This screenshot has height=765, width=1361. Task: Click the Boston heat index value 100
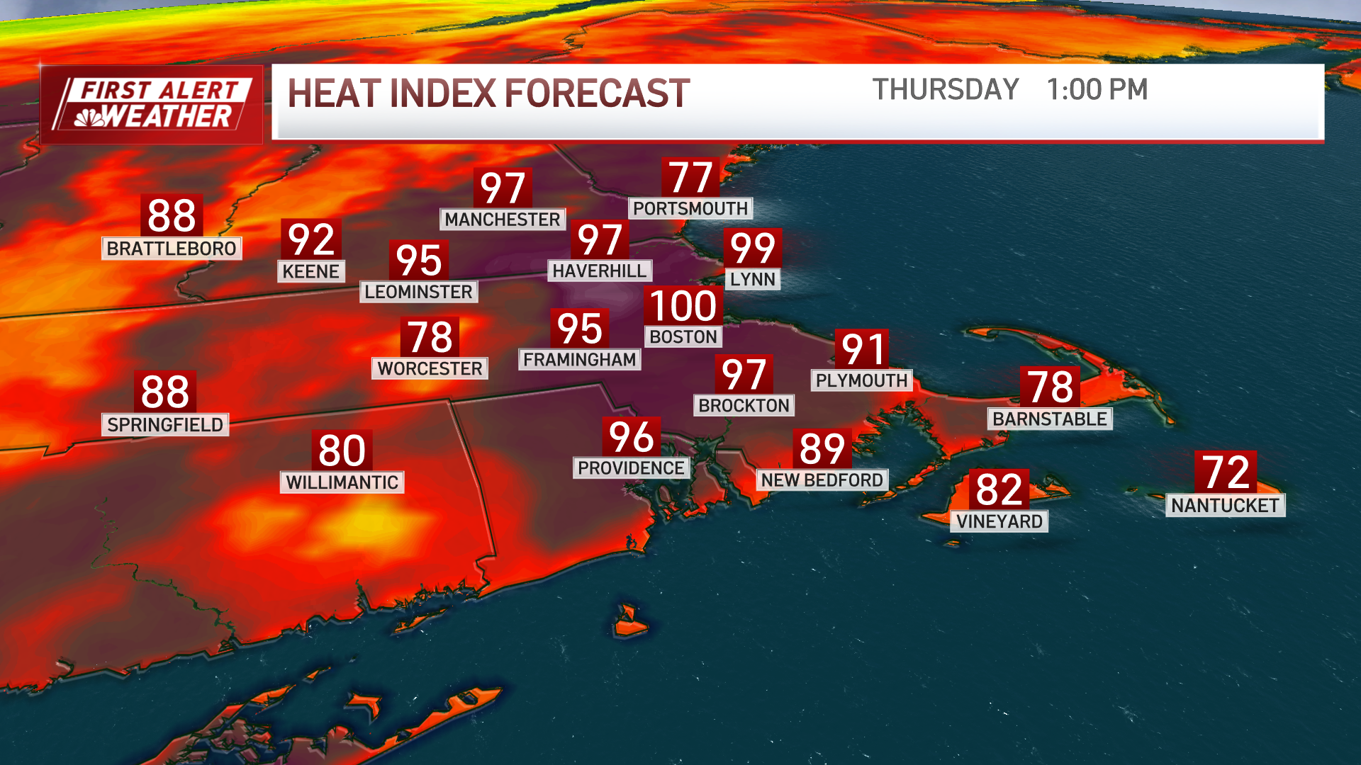683,306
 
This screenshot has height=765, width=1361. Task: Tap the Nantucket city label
1225,505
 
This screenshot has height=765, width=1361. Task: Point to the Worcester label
430,368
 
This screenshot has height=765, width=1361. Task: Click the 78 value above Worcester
430,337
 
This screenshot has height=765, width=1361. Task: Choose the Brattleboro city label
172,249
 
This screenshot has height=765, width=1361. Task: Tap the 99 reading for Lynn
752,248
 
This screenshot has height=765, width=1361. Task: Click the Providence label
631,468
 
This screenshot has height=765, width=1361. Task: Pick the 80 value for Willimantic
342,450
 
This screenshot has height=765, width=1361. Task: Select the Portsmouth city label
690,208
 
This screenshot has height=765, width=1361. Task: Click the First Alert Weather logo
151,104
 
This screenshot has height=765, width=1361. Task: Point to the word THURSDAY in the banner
945,90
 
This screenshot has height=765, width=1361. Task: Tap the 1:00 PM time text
1097,90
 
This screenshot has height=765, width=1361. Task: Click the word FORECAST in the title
597,93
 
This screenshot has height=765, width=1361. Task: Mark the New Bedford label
822,480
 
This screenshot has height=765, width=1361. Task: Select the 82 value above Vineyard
999,489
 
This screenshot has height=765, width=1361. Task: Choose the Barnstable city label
1049,419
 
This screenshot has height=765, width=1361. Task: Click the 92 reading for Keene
311,239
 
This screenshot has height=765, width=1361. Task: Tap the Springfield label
165,424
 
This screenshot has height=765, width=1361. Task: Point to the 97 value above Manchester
503,188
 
